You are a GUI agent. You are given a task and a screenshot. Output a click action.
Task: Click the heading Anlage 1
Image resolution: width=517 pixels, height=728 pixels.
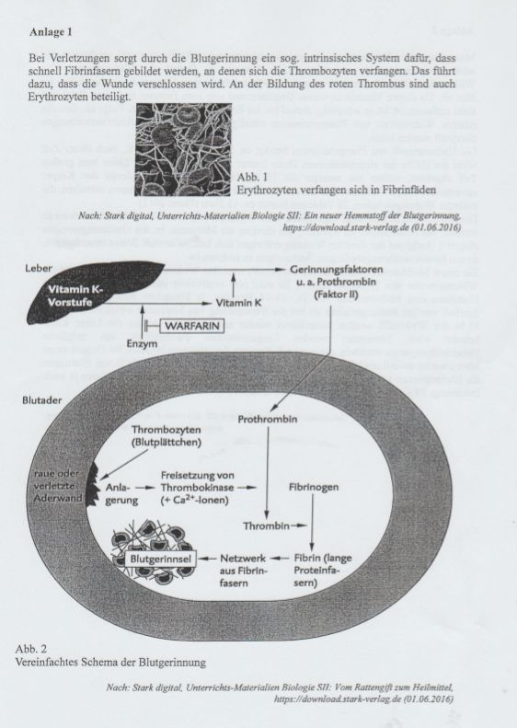pos(51,32)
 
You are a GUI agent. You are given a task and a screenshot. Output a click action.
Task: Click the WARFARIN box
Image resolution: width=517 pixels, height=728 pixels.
pos(191,326)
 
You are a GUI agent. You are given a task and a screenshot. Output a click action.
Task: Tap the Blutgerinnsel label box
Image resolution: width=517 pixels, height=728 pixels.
pos(161,559)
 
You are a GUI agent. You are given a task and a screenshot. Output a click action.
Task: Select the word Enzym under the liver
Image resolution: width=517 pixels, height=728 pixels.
pos(142,344)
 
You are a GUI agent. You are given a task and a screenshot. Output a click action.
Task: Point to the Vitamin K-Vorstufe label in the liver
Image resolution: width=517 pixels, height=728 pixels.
pos(75,295)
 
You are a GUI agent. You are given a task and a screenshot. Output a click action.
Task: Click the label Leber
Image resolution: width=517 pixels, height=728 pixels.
pos(39,268)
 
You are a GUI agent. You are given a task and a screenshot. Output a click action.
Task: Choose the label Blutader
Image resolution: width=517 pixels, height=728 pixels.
pos(41,399)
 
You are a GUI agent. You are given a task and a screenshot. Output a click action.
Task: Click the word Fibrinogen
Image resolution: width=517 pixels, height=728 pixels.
pos(314,487)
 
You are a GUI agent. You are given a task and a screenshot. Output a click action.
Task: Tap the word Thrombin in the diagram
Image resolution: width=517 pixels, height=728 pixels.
pos(266,526)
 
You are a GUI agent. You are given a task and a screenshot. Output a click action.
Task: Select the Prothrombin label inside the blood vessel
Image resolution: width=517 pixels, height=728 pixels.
pos(268,420)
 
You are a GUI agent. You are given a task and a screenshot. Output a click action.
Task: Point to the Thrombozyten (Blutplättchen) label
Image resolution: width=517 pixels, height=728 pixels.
pos(167,436)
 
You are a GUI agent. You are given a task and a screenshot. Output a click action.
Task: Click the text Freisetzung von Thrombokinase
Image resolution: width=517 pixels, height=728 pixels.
pos(198,481)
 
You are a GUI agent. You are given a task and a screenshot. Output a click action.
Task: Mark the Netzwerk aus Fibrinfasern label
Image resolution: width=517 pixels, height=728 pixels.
pos(243,571)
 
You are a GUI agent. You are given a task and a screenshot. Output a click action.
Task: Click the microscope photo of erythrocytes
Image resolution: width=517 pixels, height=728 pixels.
pos(183,149)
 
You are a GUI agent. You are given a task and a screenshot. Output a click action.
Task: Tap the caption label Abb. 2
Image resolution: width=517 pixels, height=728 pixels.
pos(30,649)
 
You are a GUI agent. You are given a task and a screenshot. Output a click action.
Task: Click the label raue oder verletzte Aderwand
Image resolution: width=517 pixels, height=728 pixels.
pos(58,486)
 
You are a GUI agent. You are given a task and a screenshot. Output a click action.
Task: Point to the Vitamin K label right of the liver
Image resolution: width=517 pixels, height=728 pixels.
pos(238,303)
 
